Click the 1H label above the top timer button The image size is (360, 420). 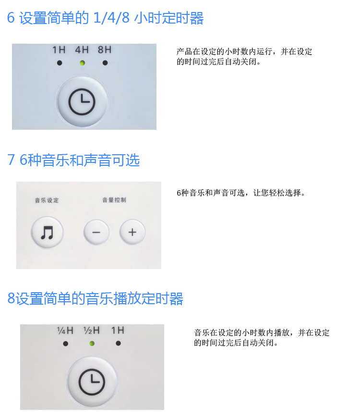[x=59, y=49]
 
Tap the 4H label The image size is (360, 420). [x=82, y=49]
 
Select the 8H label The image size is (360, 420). [x=105, y=49]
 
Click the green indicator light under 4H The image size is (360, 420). [x=83, y=63]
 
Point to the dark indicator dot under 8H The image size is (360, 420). [x=105, y=63]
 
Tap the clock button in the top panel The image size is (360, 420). [x=82, y=102]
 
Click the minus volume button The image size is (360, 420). [x=96, y=232]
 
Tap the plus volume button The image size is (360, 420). [x=132, y=232]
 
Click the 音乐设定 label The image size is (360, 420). [x=47, y=200]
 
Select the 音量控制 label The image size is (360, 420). [x=114, y=200]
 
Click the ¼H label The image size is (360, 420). [x=65, y=331]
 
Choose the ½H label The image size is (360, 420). [x=92, y=331]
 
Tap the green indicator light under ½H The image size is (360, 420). [x=92, y=344]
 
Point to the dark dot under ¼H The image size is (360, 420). [x=66, y=344]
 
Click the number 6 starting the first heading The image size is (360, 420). [x=11, y=18]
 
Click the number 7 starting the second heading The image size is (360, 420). [x=11, y=160]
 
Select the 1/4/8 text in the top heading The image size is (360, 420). [x=111, y=18]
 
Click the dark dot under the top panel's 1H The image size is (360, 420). [x=60, y=63]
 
